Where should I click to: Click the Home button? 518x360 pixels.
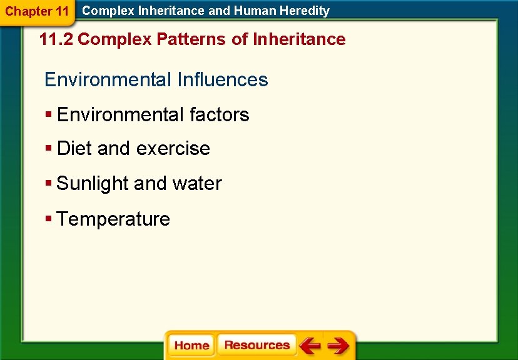tap(191, 346)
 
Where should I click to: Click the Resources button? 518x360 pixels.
tap(256, 345)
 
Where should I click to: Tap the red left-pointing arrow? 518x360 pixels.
tap(309, 346)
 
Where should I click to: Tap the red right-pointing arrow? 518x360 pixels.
tap(338, 346)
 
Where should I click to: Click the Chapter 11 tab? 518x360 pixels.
tap(37, 11)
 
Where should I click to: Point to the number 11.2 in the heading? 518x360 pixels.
tap(56, 39)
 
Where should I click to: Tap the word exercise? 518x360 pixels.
tap(173, 149)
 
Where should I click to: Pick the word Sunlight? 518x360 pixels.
tap(93, 184)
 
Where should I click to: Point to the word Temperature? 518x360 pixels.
tap(113, 219)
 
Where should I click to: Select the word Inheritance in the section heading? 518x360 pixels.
tap(299, 39)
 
